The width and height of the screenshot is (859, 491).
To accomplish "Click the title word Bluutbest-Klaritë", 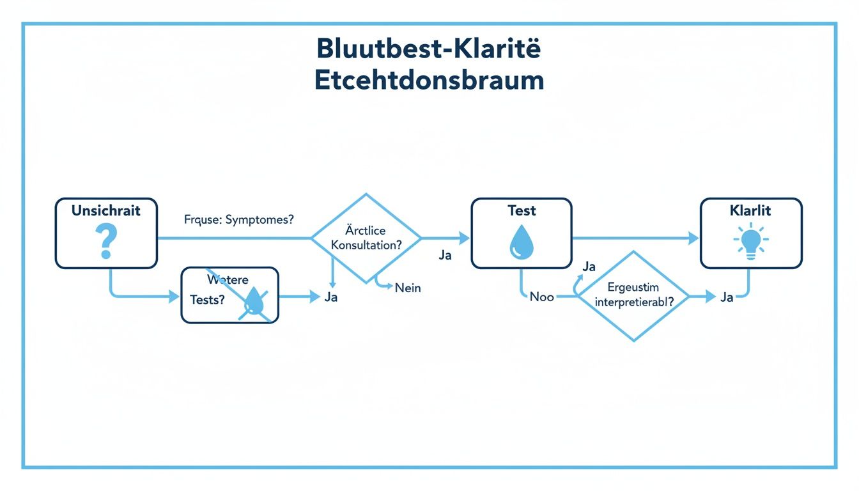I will click(x=429, y=50).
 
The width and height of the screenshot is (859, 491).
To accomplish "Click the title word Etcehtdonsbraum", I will click(x=429, y=81).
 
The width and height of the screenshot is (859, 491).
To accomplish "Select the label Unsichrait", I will click(x=105, y=211).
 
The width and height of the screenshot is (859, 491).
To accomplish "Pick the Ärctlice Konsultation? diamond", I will click(x=366, y=238).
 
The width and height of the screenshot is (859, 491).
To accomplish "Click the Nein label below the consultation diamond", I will click(x=408, y=288).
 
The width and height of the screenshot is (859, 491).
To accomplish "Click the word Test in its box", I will click(x=522, y=211).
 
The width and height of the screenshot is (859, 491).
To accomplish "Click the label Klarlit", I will click(x=750, y=210).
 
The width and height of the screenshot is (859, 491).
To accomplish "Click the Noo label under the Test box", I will click(x=541, y=297).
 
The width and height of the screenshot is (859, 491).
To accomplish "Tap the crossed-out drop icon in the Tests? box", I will click(x=255, y=302).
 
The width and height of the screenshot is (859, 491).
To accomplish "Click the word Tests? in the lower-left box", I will click(x=207, y=300).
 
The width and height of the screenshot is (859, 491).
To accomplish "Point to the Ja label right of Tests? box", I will click(x=330, y=297).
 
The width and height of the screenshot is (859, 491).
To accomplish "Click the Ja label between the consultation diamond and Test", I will click(x=445, y=255).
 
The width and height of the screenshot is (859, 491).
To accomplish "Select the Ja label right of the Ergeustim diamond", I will click(x=726, y=297).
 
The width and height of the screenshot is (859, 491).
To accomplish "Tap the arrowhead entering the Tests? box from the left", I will click(x=174, y=297).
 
